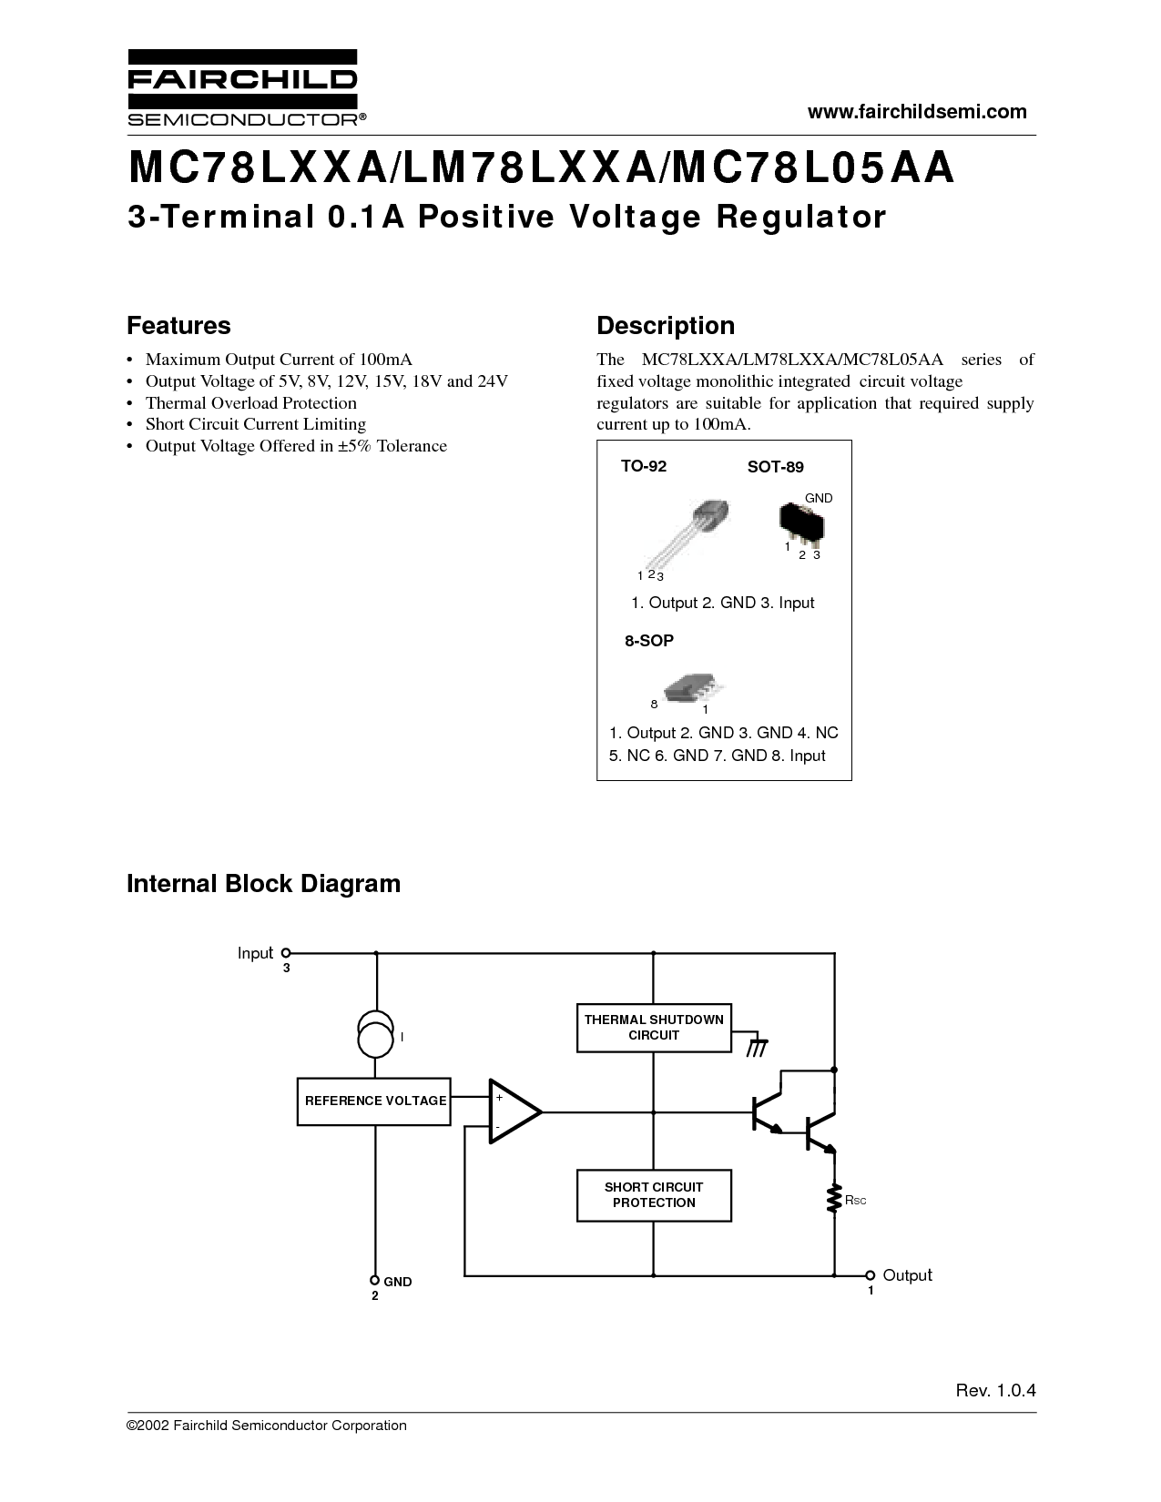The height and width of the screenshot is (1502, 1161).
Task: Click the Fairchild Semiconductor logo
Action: [x=246, y=87]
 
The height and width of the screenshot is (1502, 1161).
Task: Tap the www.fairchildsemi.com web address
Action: [x=917, y=112]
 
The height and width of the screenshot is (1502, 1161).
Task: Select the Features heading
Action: [x=178, y=326]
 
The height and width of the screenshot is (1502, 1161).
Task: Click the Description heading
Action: [x=666, y=326]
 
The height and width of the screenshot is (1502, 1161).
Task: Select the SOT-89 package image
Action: [x=802, y=523]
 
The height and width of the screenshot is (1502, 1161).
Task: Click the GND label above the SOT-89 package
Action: [x=819, y=498]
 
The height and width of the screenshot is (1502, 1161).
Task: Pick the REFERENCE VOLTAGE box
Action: [x=374, y=1101]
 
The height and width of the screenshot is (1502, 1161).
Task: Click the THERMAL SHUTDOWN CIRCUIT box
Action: [x=654, y=1028]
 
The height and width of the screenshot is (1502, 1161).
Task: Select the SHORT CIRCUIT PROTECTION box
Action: [x=654, y=1195]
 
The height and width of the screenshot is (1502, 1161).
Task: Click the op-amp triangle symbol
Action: [x=515, y=1111]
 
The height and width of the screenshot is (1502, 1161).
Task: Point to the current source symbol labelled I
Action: [x=375, y=1034]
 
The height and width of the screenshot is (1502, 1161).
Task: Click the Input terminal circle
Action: [x=286, y=953]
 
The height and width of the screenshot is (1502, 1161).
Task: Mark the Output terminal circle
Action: [x=870, y=1275]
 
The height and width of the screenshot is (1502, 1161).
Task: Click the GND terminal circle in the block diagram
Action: [x=375, y=1280]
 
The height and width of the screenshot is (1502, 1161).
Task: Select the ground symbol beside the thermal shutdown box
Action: [x=758, y=1047]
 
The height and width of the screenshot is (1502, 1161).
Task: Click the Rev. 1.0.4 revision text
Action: [x=996, y=1391]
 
